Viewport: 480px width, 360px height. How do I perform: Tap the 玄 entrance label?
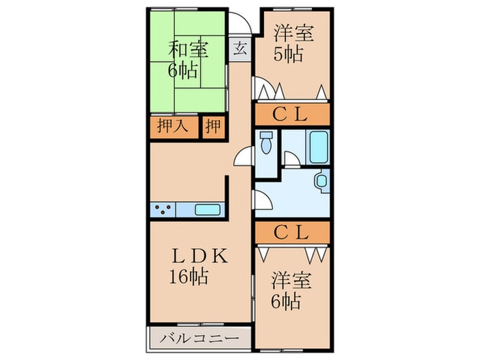(x=240, y=49)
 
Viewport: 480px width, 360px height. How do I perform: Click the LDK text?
(x=200, y=256)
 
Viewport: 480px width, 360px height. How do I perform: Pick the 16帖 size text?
(x=189, y=277)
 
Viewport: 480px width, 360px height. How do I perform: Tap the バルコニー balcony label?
(x=200, y=339)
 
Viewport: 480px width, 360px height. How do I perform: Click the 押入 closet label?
(x=173, y=125)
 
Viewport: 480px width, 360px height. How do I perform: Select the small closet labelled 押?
(x=213, y=125)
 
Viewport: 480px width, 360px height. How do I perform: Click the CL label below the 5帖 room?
(x=290, y=115)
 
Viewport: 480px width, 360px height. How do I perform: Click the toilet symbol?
(x=266, y=143)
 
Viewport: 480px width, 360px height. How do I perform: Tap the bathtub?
(x=318, y=147)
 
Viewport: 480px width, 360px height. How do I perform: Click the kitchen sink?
(x=208, y=210)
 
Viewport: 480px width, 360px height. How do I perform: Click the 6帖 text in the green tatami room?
(x=182, y=71)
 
